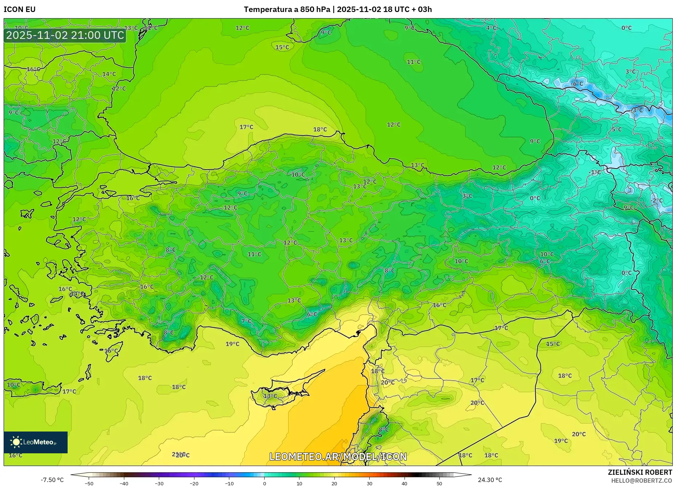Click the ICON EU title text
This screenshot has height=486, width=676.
(20, 9)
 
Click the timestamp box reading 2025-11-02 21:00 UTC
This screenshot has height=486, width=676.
(65, 35)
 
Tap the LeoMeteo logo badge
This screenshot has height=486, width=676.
(36, 442)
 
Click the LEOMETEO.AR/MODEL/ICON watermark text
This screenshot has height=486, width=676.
(338, 457)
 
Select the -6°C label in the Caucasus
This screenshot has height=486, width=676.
(577, 84)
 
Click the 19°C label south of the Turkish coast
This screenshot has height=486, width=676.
(233, 344)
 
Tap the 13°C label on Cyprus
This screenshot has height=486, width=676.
(270, 396)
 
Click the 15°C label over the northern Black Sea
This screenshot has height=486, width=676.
(282, 47)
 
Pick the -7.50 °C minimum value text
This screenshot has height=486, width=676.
(52, 480)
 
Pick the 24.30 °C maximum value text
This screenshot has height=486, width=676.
(490, 480)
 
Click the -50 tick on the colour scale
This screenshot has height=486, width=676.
(89, 483)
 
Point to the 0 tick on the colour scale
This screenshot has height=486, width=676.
(264, 483)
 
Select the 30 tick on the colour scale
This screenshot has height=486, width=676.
(369, 483)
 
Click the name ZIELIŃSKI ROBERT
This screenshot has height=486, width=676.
(640, 472)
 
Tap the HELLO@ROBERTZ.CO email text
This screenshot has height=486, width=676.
(641, 481)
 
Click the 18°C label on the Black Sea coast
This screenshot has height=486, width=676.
(320, 129)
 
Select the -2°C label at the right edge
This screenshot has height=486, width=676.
(657, 201)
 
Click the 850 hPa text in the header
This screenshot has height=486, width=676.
(315, 9)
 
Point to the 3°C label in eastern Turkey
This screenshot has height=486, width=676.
(467, 196)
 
